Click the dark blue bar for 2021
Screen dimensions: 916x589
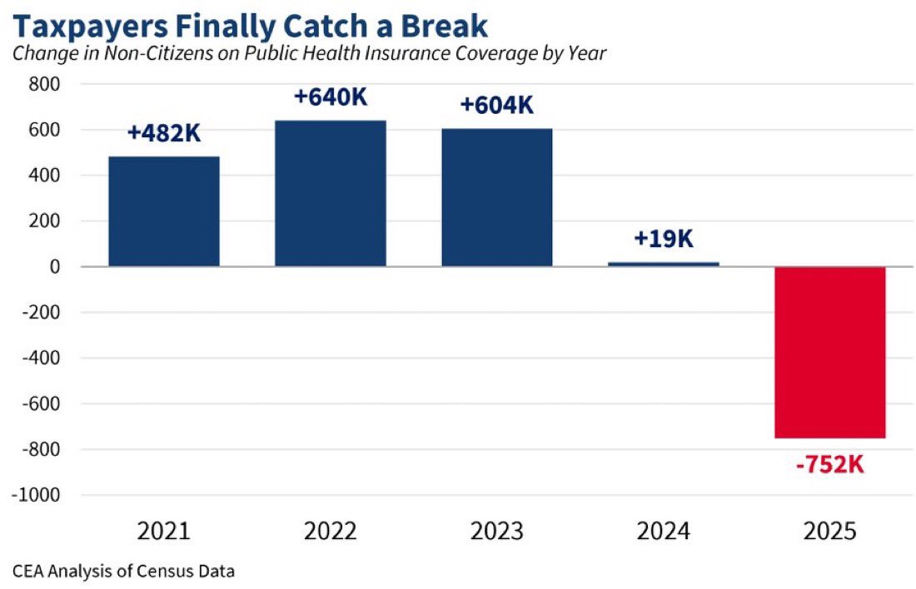coord(164,211)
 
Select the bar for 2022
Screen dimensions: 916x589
coord(331,193)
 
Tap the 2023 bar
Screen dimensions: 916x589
coord(497,197)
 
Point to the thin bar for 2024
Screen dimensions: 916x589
coord(664,265)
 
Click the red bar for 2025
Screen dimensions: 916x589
coord(830,352)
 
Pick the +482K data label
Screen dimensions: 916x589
coord(164,133)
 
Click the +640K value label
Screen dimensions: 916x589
coord(331,97)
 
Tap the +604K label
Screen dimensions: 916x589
coord(497,105)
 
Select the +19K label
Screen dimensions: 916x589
coord(664,239)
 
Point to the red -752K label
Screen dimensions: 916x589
coord(830,465)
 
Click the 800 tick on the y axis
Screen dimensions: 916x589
coord(44,84)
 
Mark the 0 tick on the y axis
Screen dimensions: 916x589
coord(55,267)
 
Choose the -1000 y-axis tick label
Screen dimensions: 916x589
coord(36,495)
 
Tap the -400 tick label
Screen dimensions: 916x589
coord(41,358)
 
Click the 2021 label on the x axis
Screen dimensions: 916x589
coord(164,532)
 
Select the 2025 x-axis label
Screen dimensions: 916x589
coord(830,532)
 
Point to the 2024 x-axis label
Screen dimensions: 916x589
coord(664,532)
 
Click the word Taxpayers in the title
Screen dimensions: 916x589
coord(89,27)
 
